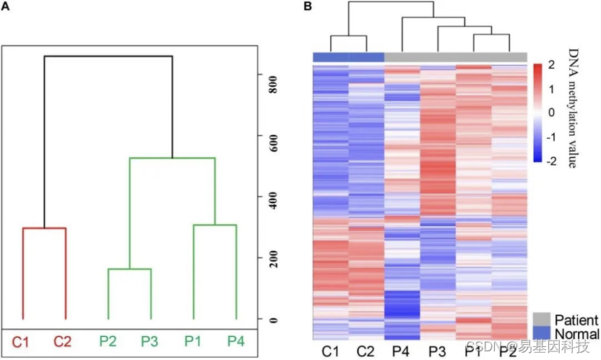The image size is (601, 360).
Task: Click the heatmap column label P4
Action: click(x=402, y=351)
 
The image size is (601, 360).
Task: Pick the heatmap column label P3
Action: click(x=438, y=351)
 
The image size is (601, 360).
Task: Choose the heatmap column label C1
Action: click(x=330, y=351)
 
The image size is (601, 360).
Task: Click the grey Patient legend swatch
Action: click(x=540, y=320)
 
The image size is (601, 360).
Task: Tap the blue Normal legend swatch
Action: click(x=540, y=333)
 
